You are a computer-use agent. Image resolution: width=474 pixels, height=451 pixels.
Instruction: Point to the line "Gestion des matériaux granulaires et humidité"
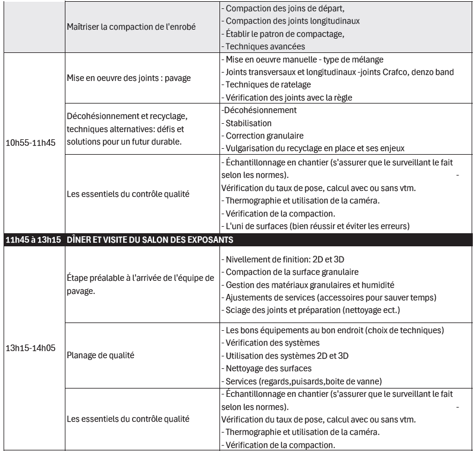(310, 285)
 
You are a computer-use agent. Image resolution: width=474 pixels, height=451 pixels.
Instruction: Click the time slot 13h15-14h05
(31, 347)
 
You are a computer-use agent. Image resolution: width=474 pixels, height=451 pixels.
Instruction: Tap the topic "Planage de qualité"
(101, 355)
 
